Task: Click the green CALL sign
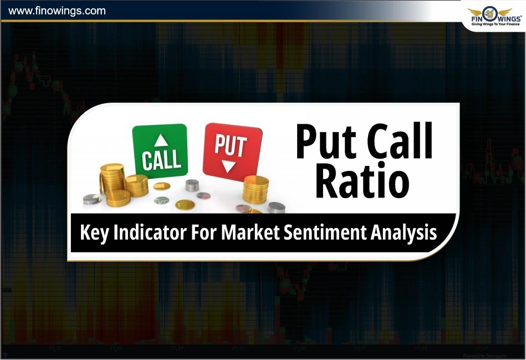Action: (160, 151)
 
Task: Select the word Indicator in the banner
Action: (149, 232)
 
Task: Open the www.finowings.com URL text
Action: (57, 11)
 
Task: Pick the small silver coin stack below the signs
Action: (192, 185)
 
